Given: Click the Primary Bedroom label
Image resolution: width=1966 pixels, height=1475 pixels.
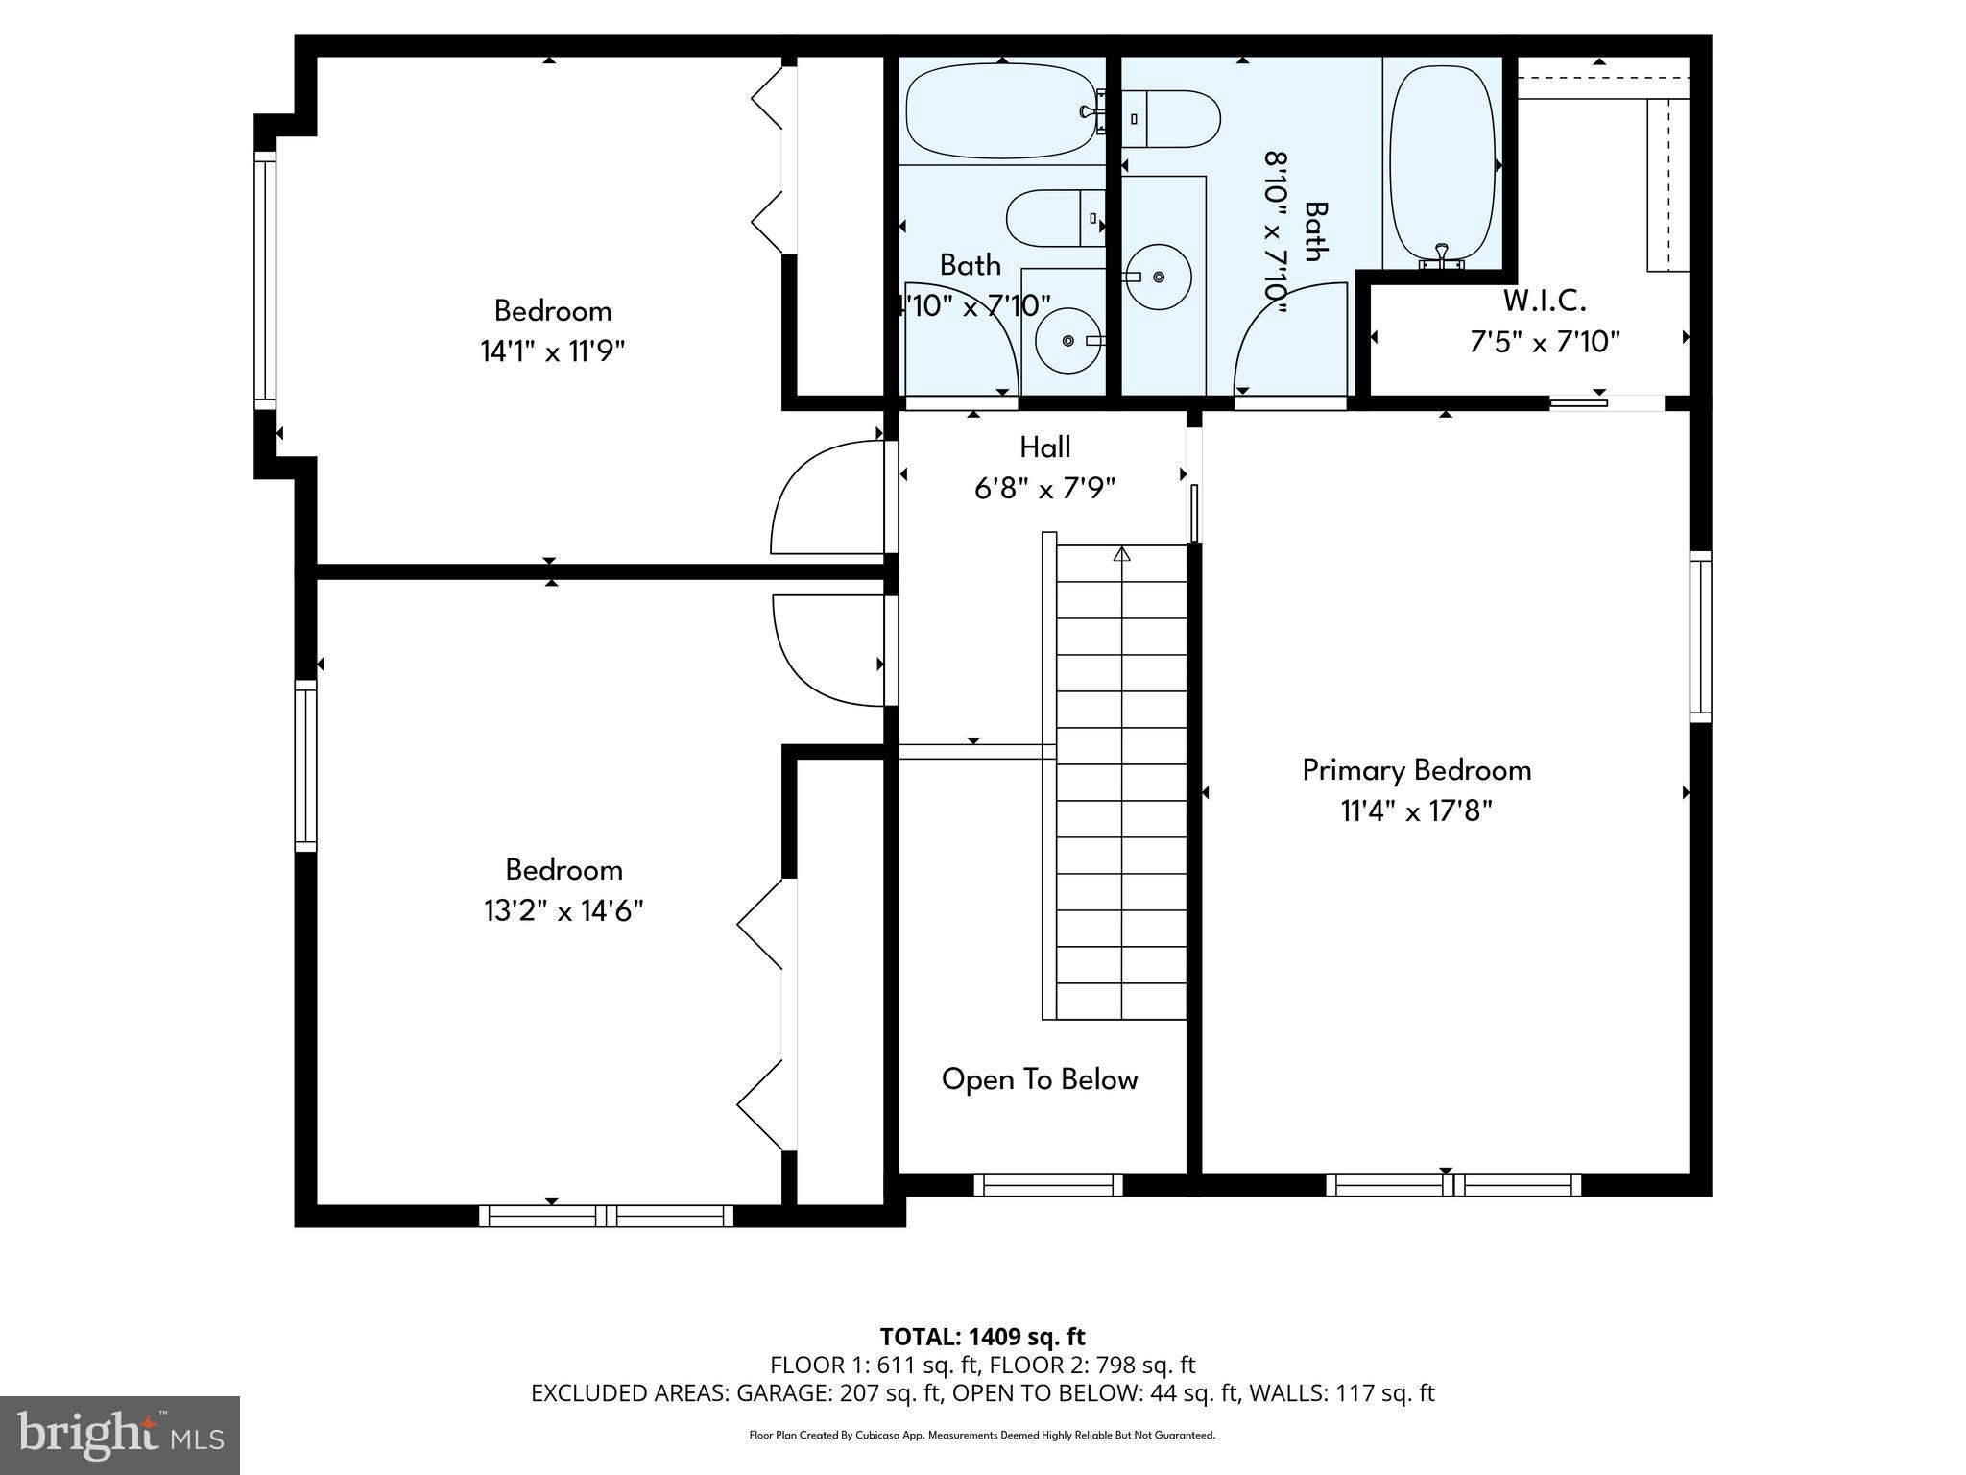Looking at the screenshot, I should coord(1416,770).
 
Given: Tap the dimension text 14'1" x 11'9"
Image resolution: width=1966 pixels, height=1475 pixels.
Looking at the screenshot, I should coord(552,351).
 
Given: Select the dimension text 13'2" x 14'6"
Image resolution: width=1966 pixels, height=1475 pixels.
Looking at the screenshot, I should coord(563,910).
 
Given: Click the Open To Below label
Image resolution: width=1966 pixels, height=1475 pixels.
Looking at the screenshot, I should coord(1040,1079).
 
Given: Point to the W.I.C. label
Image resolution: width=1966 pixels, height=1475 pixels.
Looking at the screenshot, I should coord(1544,302).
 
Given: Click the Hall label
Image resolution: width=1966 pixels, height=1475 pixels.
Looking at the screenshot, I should coord(1044,447).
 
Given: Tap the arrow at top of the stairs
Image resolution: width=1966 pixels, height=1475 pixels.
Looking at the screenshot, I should coord(1121,554).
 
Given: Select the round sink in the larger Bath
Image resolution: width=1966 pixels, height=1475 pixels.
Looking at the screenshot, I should coord(1158,277).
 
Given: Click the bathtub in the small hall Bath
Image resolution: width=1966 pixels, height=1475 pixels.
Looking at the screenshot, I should coord(1001,111).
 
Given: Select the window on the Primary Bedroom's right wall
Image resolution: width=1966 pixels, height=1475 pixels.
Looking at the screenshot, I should coord(1700,637).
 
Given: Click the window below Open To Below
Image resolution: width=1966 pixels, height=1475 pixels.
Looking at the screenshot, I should coord(1048,1185).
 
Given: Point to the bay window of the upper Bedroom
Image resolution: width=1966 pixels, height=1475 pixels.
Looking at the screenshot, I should coord(264,278).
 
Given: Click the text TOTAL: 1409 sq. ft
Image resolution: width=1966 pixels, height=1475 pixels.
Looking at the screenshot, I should coord(982,1337).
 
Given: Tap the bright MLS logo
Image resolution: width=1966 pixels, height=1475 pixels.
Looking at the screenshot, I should coord(120,1435).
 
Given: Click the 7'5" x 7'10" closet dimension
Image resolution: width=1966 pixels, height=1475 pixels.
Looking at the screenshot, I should coord(1545,342).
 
